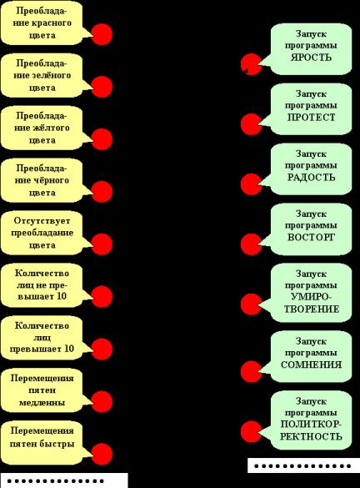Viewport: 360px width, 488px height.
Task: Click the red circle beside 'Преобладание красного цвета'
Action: (x=102, y=34)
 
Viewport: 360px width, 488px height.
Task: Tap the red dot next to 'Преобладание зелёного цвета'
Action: (x=102, y=87)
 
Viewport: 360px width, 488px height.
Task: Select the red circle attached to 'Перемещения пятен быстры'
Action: (x=102, y=454)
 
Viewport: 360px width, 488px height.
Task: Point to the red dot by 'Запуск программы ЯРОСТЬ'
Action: (x=251, y=64)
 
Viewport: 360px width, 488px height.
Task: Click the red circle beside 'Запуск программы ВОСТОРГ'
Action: (x=251, y=244)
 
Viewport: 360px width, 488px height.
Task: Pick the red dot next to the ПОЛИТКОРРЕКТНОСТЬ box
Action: (x=251, y=431)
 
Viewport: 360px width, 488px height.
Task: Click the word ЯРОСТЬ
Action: (x=311, y=58)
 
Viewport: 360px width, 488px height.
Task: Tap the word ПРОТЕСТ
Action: (x=311, y=118)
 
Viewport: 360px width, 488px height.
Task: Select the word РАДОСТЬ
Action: (x=311, y=178)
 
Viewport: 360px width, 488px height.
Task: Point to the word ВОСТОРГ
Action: (x=311, y=238)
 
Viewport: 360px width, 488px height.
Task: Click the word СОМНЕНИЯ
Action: (x=311, y=365)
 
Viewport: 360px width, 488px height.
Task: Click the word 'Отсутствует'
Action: (x=42, y=221)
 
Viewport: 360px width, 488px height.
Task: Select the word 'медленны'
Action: (x=42, y=403)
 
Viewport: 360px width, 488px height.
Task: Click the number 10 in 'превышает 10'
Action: (x=69, y=349)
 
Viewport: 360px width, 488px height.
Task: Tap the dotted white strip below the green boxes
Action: (x=303, y=466)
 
